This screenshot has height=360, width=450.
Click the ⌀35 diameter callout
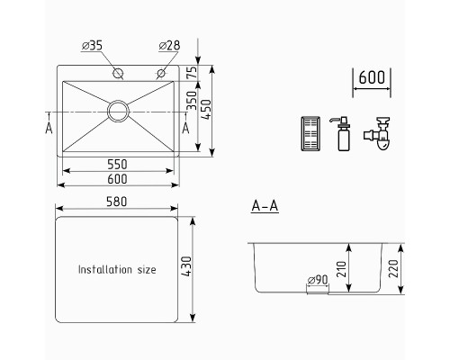click(92, 46)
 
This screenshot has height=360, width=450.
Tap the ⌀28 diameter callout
click(169, 46)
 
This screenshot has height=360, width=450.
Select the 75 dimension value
click(192, 72)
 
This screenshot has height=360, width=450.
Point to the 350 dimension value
click(192, 101)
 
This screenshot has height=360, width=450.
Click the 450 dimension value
click(206, 110)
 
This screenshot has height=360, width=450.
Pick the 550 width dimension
click(117, 165)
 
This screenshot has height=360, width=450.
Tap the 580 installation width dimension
click(117, 202)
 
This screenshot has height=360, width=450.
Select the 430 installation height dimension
click(186, 266)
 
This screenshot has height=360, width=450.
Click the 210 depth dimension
click(341, 269)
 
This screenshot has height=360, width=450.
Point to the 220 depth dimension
click(393, 268)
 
